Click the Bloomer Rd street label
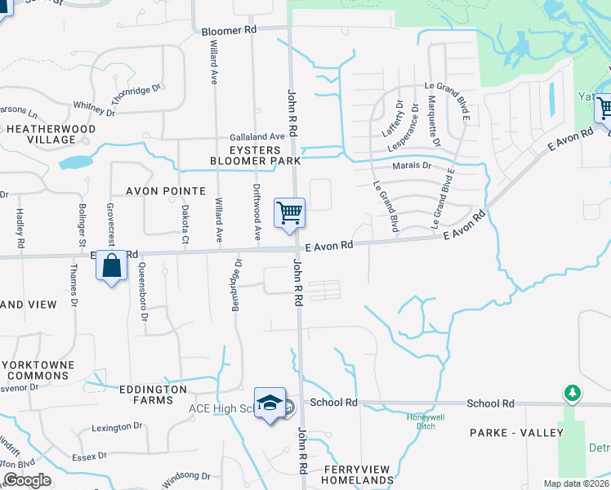[229, 30]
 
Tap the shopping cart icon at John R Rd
[290, 213]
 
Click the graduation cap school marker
[270, 403]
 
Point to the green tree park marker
[573, 394]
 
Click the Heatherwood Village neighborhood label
[51, 134]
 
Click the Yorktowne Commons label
[38, 370]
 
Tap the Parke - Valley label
[516, 432]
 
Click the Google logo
[27, 480]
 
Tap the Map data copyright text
[575, 483]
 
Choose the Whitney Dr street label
[94, 106]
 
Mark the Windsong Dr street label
[186, 475]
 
